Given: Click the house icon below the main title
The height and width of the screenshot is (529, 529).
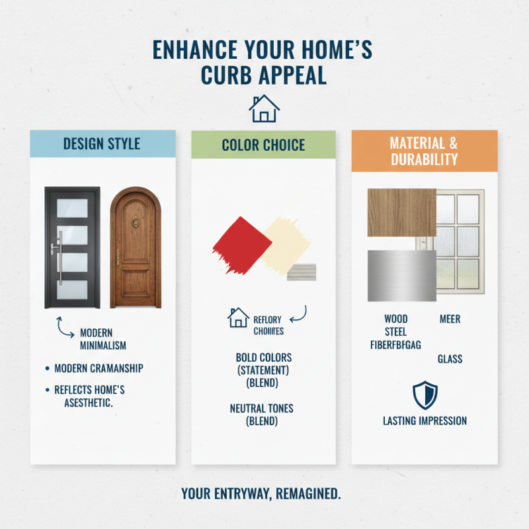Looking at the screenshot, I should point(264,108).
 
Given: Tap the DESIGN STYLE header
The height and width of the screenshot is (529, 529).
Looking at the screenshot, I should point(102,143).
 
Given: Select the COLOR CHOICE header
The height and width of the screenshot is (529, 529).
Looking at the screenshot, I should point(264,145).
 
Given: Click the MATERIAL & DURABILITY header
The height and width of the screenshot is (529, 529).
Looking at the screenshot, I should point(424,151).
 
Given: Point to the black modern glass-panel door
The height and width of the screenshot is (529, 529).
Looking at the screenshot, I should point(72,247).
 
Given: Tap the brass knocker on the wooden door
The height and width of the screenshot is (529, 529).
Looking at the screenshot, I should point(136,222).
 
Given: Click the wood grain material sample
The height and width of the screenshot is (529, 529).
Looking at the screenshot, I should point(401,212).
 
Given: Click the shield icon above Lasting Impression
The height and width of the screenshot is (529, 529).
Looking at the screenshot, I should point(425,395).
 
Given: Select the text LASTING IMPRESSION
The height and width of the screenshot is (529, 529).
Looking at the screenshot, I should point(425,421).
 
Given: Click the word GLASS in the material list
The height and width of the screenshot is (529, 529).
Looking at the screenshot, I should point(450,359).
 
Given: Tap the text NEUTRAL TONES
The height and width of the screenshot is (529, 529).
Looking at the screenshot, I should point(261,409).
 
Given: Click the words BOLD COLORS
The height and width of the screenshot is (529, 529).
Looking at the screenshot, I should point(263,358).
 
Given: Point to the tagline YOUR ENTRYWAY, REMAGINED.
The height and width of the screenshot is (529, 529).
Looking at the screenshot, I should point(261,493).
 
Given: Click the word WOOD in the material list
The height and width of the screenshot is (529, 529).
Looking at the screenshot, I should point(395,319).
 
